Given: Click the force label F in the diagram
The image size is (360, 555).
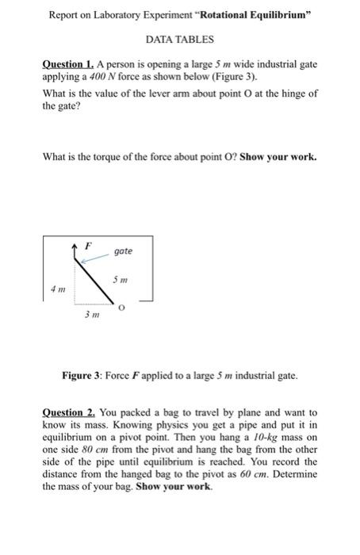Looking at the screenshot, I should [87, 245].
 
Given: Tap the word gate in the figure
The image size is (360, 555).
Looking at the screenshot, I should [123, 251].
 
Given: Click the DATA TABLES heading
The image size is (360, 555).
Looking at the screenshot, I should [180, 38].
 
